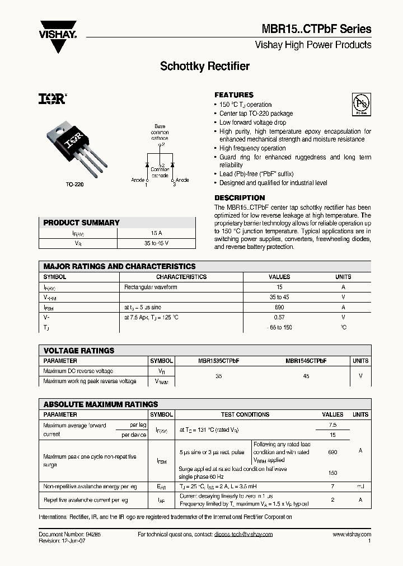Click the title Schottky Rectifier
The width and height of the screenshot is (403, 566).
click(205, 67)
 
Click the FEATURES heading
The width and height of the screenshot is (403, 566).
click(234, 95)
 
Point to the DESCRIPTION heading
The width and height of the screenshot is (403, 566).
click(240, 198)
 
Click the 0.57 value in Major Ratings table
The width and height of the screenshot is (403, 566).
click(279, 317)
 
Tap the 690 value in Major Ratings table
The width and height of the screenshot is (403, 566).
click(279, 307)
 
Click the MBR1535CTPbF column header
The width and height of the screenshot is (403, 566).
click(219, 361)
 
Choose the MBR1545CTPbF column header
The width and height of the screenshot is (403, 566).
click(306, 361)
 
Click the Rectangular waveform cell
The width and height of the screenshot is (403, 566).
click(151, 287)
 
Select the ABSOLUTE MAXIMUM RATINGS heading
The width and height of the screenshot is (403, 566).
click(101, 404)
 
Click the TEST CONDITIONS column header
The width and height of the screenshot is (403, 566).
click(245, 414)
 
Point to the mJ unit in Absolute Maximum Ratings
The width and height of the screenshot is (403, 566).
click(360, 487)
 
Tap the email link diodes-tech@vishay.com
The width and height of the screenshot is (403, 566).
click(243, 535)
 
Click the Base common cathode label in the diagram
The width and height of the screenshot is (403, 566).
click(160, 133)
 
